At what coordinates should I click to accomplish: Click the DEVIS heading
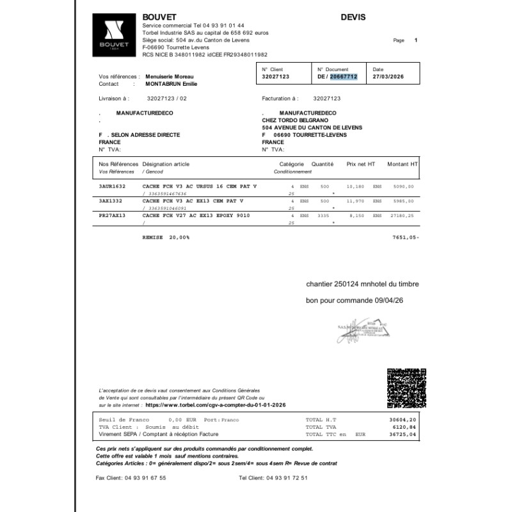[x=353, y=17]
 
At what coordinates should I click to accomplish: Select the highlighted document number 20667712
[x=343, y=77]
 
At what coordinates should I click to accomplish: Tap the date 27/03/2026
[x=388, y=77]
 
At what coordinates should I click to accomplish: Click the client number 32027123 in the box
[x=276, y=77]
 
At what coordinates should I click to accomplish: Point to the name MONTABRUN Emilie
[x=172, y=84]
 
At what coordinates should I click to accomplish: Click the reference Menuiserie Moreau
[x=170, y=76]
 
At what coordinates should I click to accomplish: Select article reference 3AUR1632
[x=112, y=186]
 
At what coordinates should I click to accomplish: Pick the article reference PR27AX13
[x=112, y=217]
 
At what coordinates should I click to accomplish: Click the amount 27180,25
[x=403, y=217]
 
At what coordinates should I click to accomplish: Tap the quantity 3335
[x=323, y=217]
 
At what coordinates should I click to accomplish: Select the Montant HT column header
[x=402, y=164]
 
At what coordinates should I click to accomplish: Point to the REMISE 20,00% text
[x=166, y=237]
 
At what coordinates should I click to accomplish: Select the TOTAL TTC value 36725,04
[x=403, y=434]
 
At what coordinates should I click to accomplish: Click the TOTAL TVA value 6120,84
[x=404, y=427]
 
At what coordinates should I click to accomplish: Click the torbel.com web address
[x=216, y=405]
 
